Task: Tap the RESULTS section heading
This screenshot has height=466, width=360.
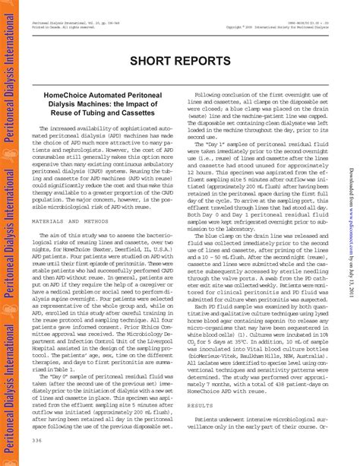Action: tap(201, 427)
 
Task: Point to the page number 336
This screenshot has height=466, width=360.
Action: tap(37, 440)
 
